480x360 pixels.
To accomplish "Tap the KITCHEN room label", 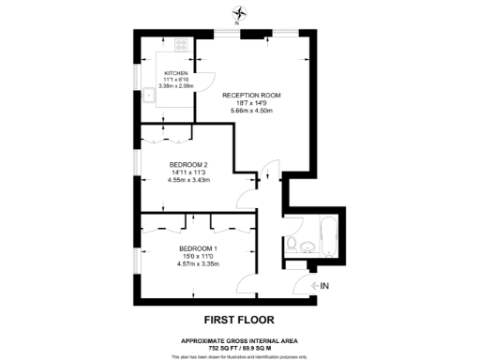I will (176, 72).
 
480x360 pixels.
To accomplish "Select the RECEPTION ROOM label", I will (251, 96).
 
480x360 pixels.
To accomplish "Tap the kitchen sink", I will (149, 94).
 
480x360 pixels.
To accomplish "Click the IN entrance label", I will (324, 285).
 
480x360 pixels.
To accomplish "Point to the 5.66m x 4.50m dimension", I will (251, 111).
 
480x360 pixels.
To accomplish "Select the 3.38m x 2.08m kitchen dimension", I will (176, 85).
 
